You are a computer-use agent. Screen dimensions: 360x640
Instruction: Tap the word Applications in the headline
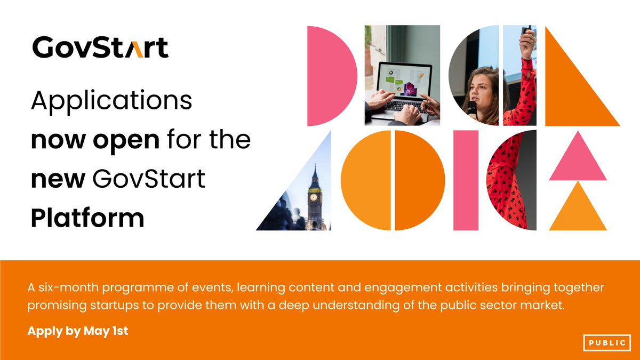coord(111,100)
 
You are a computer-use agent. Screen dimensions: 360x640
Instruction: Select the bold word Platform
coord(87,219)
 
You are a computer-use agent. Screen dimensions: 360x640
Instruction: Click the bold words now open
coord(95,140)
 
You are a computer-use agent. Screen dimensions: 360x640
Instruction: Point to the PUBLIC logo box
coord(607,342)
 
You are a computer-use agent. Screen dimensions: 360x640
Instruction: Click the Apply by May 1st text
coord(78,331)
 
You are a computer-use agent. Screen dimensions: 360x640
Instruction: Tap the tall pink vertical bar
coord(466,180)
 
